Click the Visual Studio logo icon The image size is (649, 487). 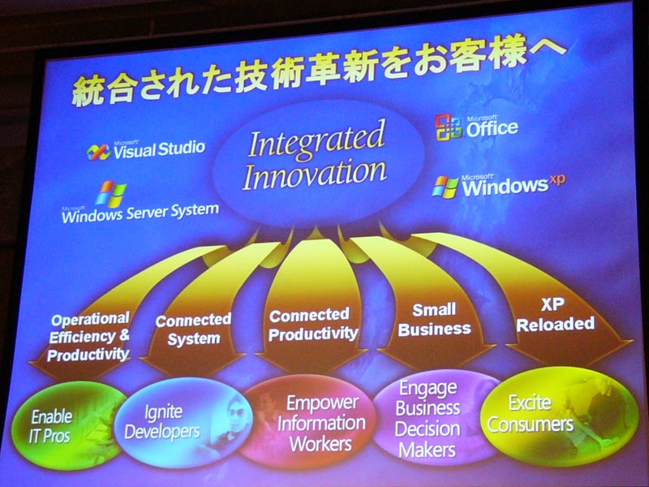coord(98,152)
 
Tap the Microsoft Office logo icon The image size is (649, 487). coord(449,127)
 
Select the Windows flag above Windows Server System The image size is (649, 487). coord(110,193)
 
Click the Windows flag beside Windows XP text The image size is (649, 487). coord(445,187)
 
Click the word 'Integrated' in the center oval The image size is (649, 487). coord(316,140)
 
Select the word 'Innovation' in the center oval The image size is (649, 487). coord(315,175)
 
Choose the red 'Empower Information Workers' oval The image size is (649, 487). coord(308,421)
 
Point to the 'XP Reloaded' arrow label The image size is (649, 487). coord(555,315)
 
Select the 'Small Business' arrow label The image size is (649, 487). coord(434,319)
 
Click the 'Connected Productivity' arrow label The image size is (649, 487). coord(313,324)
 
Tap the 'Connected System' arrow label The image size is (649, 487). coord(193,330)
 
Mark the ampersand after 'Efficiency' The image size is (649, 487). coord(124,335)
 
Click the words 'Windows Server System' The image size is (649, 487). coord(140,213)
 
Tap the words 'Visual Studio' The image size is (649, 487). coord(159,149)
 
